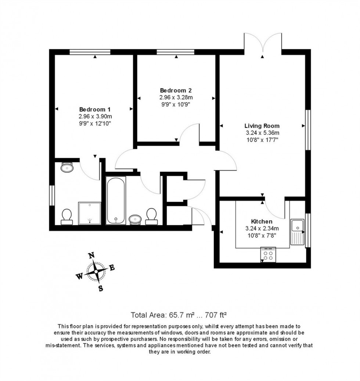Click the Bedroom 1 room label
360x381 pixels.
pos(95,109)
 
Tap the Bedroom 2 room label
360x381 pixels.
pos(176,90)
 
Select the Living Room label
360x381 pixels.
pos(262,125)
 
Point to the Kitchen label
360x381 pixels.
pos(262,221)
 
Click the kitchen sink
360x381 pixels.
pos(297,232)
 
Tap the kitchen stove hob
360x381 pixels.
pos(268,254)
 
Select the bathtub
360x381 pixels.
pos(116,200)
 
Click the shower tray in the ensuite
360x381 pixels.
pos(89,213)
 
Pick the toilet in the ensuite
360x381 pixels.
pos(66,216)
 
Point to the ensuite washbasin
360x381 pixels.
pos(67,168)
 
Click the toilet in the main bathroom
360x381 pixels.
pos(151,216)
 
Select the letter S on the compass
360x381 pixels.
pos(100,288)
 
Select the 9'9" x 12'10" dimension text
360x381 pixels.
pos(95,123)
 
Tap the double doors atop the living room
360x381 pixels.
pos(263,44)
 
